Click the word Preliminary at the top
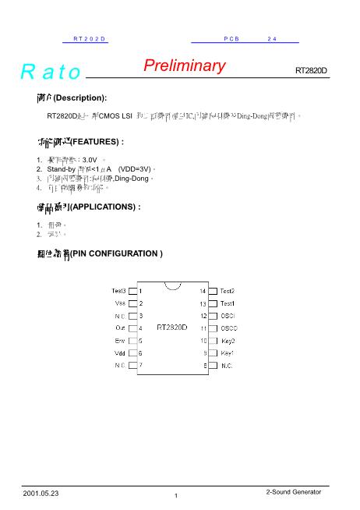click(184, 66)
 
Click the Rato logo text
click(51, 73)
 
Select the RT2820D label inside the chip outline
click(171, 328)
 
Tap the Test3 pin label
click(118, 291)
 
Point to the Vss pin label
click(120, 303)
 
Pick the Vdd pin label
click(120, 352)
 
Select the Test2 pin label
click(228, 291)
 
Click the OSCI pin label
click(228, 316)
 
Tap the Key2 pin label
click(228, 341)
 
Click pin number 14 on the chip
click(202, 291)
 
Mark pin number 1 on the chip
click(140, 291)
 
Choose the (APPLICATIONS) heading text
click(105, 207)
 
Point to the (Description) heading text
click(79, 97)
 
